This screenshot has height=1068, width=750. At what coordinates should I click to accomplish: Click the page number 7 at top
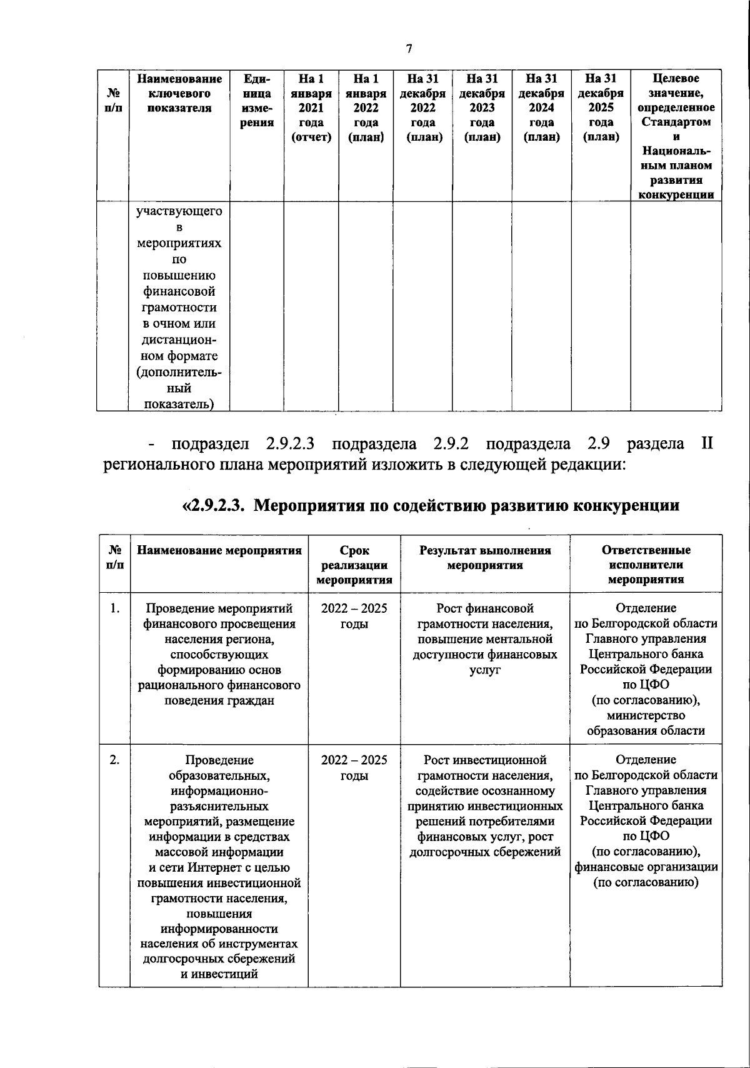[x=409, y=49]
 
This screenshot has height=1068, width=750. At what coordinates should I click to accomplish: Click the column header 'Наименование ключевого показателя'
[x=179, y=94]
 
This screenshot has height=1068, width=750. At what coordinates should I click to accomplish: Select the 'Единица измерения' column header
[x=257, y=101]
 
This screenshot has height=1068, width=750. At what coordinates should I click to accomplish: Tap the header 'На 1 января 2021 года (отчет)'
[x=311, y=108]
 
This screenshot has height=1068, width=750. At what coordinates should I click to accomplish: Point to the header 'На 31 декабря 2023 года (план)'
[x=482, y=108]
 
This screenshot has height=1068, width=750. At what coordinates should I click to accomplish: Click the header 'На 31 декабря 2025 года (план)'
[x=601, y=108]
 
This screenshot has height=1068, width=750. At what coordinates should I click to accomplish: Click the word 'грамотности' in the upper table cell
[x=179, y=308]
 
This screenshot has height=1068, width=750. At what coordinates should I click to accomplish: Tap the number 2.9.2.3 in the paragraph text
[x=290, y=444]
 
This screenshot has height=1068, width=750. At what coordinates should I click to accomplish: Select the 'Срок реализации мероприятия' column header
[x=354, y=565]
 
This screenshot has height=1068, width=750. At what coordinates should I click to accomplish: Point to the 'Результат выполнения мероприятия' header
[x=485, y=558]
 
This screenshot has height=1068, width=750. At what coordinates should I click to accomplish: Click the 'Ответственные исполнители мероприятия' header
[x=646, y=565]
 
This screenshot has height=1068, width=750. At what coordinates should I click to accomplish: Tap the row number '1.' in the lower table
[x=115, y=608]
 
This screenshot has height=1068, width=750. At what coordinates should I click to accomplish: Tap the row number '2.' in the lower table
[x=115, y=760]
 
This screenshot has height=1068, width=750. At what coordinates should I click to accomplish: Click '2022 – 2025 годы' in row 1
[x=354, y=616]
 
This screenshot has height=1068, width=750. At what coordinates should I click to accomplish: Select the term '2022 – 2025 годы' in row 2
[x=354, y=767]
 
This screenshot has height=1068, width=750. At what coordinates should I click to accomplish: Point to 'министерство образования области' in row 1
[x=646, y=723]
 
